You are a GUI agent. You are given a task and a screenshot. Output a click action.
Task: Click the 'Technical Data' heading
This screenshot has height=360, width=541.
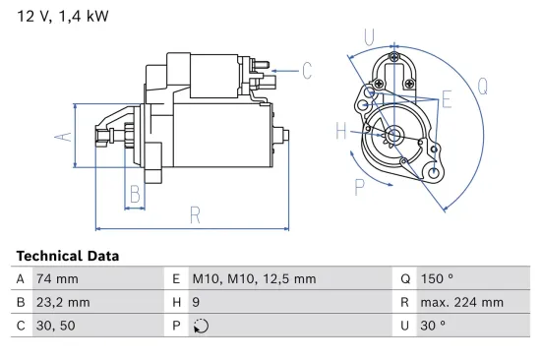click(67, 256)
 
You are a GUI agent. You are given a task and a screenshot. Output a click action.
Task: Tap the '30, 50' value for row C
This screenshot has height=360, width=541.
click(57, 326)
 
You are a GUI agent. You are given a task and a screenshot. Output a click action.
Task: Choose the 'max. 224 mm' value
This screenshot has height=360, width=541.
click(463, 302)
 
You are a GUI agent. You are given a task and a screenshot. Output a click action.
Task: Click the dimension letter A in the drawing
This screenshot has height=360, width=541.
click(61, 137)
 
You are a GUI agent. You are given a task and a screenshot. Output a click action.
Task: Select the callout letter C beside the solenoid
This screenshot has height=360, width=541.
click(306, 70)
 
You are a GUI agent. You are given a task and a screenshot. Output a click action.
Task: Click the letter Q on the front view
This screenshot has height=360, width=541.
click(483, 86)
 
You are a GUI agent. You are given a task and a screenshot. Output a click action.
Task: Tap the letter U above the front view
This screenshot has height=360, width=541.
click(369, 38)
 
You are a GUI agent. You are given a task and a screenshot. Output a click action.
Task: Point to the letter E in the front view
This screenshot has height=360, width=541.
click(446, 98)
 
